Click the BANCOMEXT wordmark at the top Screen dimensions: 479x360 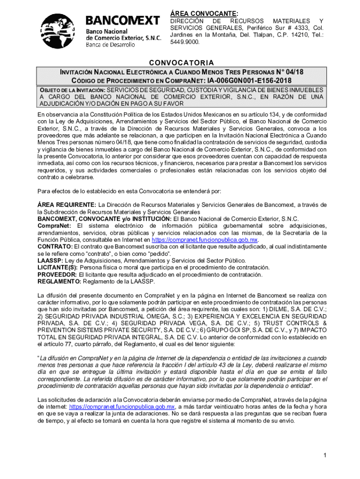[x=122, y=21]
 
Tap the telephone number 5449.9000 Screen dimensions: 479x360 [x=185, y=42]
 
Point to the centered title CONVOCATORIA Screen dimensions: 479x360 [x=181, y=63]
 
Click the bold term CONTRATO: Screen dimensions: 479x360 [x=55, y=247]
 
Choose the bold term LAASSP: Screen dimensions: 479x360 [x=50, y=261]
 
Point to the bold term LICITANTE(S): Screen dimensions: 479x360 [x=58, y=268]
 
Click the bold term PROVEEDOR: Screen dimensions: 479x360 [x=57, y=275]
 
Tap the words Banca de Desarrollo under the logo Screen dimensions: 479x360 [x=110, y=44]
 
